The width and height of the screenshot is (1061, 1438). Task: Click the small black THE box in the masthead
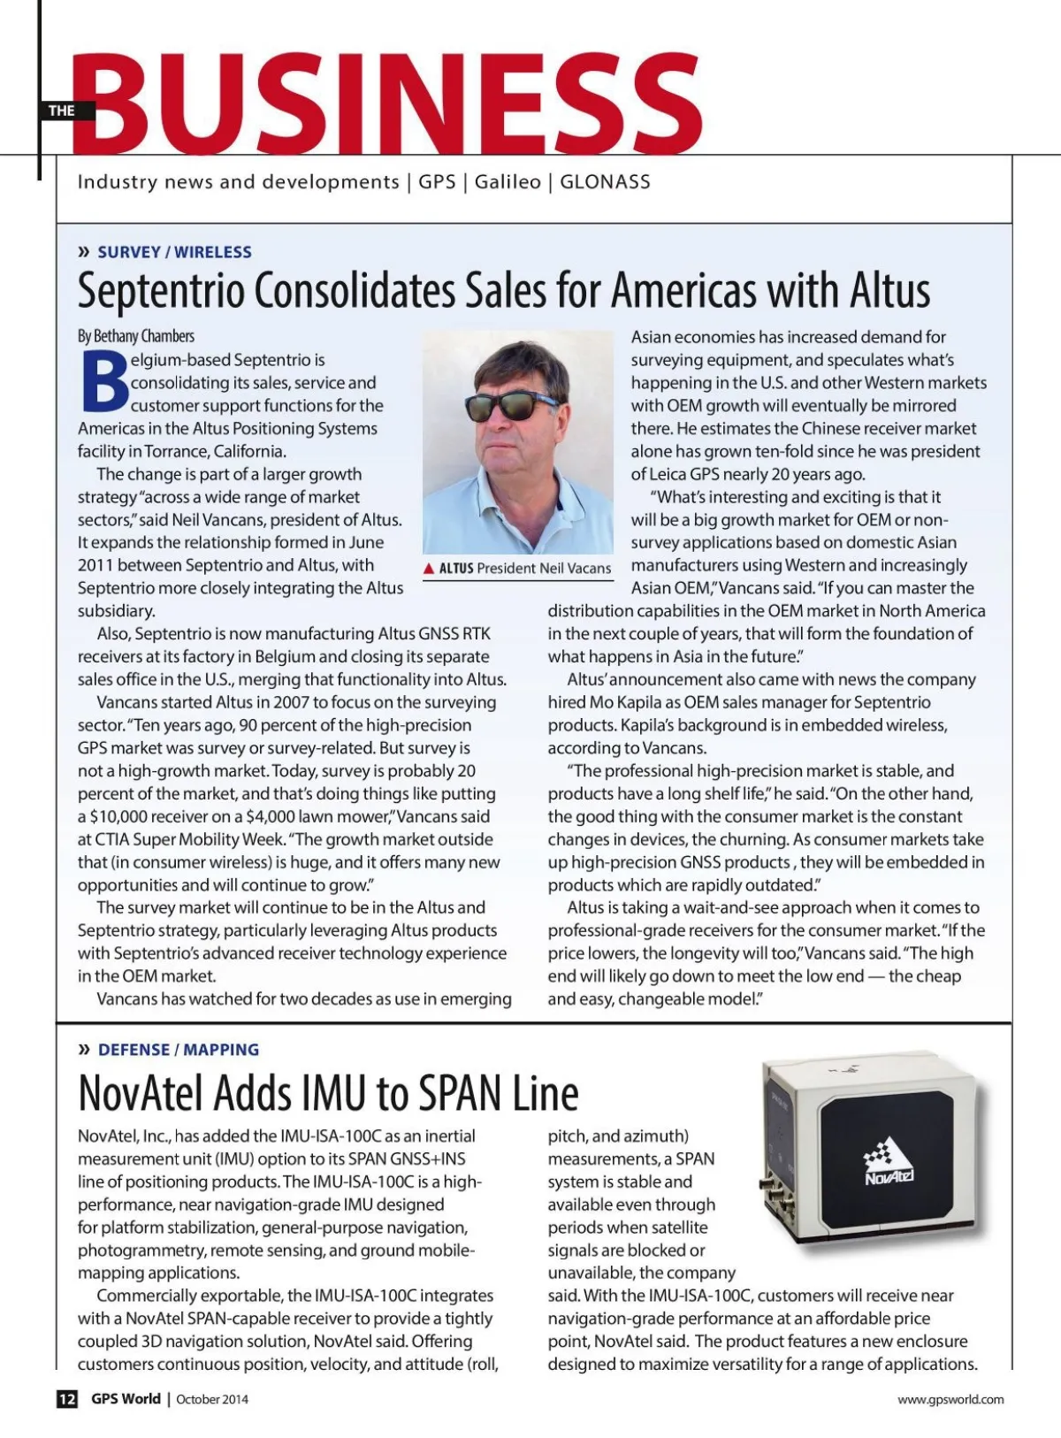(x=61, y=111)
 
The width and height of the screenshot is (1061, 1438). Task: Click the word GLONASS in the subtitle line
(x=605, y=182)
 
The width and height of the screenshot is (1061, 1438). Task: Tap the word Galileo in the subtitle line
(x=508, y=182)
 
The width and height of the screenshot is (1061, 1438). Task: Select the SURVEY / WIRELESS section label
(x=174, y=252)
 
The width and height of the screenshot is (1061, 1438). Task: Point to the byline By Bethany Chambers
(x=136, y=336)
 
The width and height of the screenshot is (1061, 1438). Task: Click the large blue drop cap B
(x=103, y=383)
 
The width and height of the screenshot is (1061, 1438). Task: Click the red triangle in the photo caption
(x=429, y=569)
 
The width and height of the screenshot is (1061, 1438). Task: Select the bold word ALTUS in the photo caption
(x=456, y=569)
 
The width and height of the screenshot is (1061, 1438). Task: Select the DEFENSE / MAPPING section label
(x=179, y=1050)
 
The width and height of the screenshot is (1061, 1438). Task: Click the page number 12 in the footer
(x=67, y=1399)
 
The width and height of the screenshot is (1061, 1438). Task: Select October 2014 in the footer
(x=212, y=1399)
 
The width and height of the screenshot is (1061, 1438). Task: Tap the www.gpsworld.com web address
(x=950, y=1399)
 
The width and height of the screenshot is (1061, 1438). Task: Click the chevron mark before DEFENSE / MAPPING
(x=85, y=1050)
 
